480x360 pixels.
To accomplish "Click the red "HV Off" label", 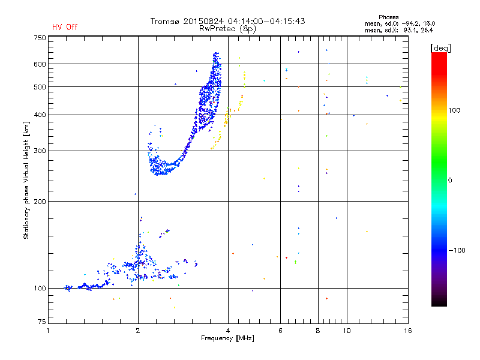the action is [x=65, y=27].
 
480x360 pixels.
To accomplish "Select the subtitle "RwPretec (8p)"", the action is [x=227, y=29].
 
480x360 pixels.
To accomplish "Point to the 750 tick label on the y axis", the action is [x=40, y=38].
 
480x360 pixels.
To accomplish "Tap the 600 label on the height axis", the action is [x=40, y=64].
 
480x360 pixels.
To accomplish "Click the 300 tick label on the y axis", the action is [x=40, y=151].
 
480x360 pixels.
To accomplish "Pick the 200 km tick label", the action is [x=40, y=202].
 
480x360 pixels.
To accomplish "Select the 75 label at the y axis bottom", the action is [x=42, y=322].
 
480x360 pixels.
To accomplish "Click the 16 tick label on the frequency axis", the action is [x=408, y=331].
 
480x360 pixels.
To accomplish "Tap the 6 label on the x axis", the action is [x=280, y=331].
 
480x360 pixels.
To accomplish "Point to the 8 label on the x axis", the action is [x=318, y=331].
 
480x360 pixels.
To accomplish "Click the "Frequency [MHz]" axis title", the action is [x=227, y=338].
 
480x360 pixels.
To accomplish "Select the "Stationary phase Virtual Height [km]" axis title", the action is [x=26, y=180].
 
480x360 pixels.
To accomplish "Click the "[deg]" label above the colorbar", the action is [x=440, y=48].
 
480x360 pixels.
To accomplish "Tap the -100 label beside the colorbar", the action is [x=457, y=250].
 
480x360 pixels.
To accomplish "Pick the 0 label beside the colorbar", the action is [x=450, y=181].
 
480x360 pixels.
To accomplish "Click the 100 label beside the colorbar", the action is [x=454, y=110].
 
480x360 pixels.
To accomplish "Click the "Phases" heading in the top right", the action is [x=388, y=17].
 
